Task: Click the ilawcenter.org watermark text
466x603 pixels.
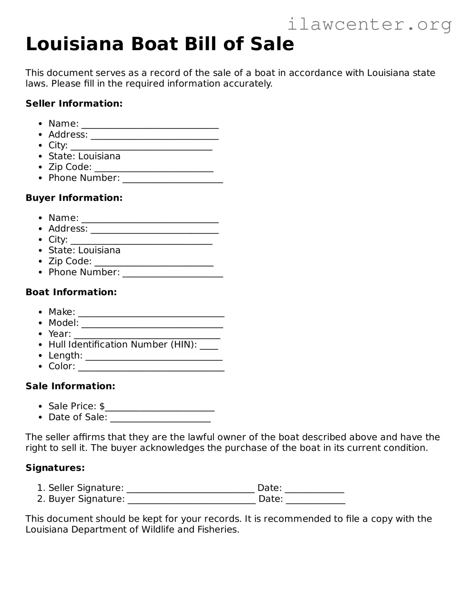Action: pyautogui.click(x=369, y=24)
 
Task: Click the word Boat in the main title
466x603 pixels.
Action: pyautogui.click(x=155, y=44)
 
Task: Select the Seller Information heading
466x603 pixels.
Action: pyautogui.click(x=74, y=104)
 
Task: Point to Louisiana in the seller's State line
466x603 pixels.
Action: pyautogui.click(x=99, y=156)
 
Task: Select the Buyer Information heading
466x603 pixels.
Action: pyautogui.click(x=74, y=198)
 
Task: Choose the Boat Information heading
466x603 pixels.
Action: pyautogui.click(x=71, y=292)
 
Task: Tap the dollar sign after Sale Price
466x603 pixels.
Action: pyautogui.click(x=102, y=406)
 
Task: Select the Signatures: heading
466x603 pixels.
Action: pyautogui.click(x=55, y=468)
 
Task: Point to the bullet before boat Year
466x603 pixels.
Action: pyautogui.click(x=40, y=334)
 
